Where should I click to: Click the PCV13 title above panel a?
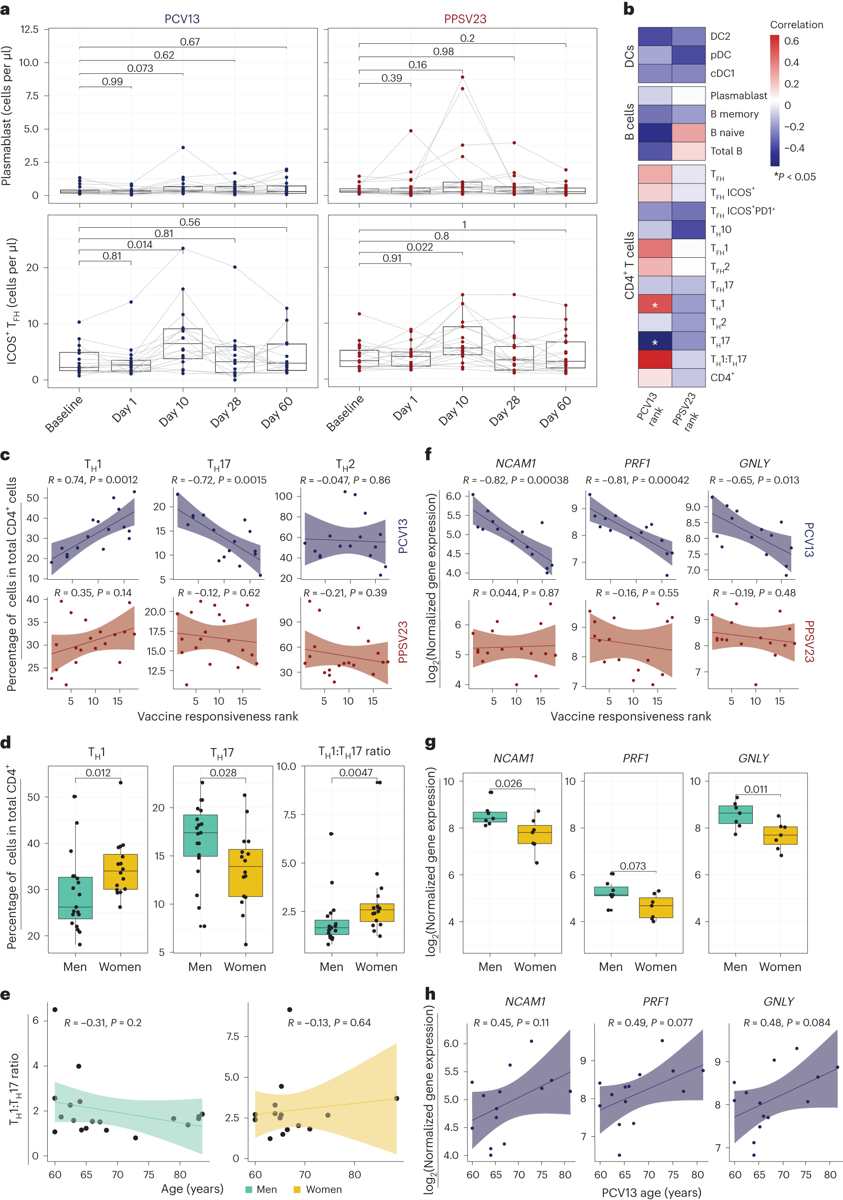tap(182, 19)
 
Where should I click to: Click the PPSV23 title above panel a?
tap(465, 19)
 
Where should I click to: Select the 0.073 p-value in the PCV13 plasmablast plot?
tap(140, 69)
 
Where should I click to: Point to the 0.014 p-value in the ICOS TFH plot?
tap(140, 245)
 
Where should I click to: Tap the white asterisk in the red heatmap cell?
tap(654, 305)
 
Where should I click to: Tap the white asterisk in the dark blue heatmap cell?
tap(654, 342)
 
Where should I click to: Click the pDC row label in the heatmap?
tap(720, 55)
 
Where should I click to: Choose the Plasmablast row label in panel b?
tap(738, 96)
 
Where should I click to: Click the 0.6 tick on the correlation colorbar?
tap(791, 41)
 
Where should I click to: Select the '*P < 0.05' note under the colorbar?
tap(794, 177)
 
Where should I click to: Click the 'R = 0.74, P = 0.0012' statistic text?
tap(93, 480)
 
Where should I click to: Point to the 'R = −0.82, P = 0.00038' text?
tap(515, 480)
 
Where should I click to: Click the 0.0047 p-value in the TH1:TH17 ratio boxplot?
tap(355, 772)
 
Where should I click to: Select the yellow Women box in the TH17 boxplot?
tap(245, 873)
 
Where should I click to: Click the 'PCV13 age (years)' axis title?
tap(651, 1192)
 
